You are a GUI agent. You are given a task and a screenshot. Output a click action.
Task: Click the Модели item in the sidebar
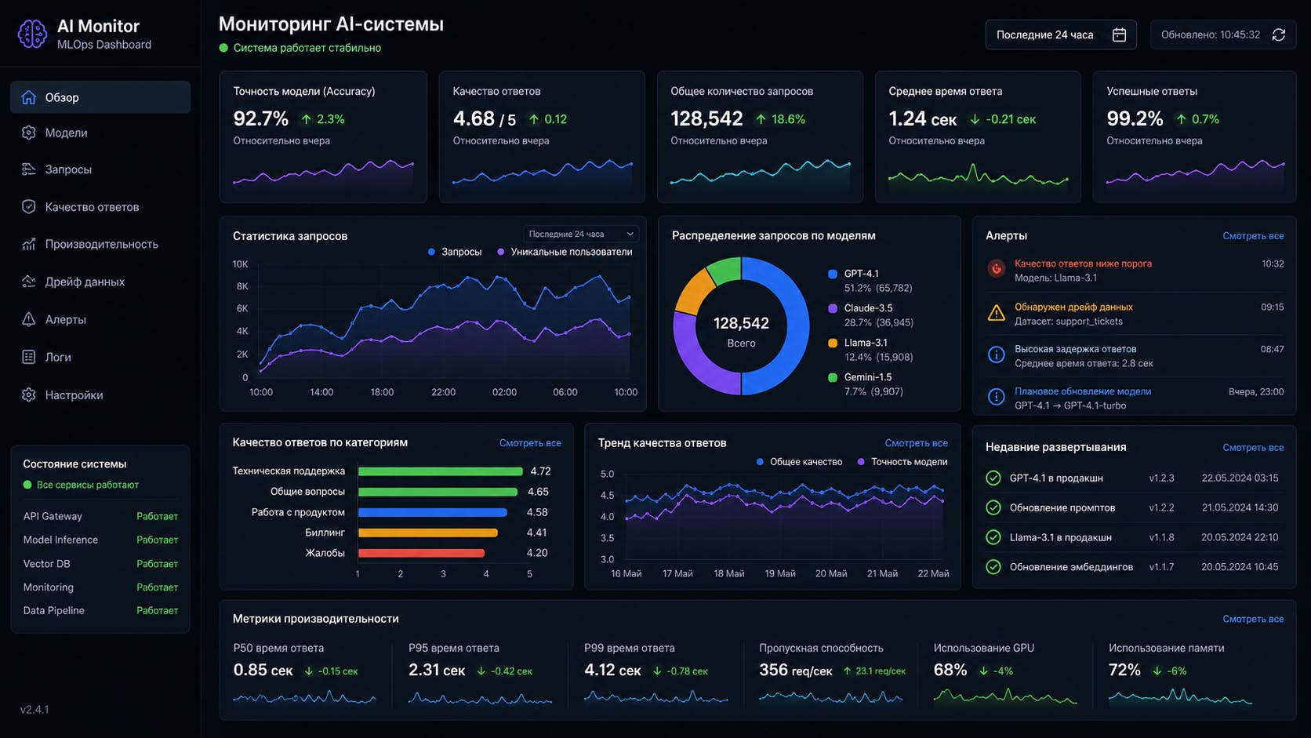click(66, 133)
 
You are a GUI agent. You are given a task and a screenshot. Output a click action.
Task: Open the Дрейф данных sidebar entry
click(85, 282)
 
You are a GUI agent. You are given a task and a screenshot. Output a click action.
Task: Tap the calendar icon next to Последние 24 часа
click(1118, 35)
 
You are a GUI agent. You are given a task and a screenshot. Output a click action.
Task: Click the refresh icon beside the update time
click(1279, 35)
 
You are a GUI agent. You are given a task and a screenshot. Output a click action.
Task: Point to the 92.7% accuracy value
click(260, 118)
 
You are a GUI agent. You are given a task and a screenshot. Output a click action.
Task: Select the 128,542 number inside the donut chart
click(741, 323)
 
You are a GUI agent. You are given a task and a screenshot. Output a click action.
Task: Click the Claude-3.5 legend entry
click(869, 308)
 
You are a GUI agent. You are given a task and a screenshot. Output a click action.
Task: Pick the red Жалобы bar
click(421, 553)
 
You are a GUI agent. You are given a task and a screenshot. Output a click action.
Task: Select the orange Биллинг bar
click(428, 533)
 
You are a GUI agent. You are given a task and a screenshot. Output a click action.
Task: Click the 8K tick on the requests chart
click(241, 286)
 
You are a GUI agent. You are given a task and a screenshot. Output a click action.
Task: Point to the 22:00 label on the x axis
click(443, 392)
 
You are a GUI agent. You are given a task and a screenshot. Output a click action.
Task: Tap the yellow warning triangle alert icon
click(996, 313)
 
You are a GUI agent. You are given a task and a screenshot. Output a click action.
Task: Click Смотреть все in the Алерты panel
click(1253, 236)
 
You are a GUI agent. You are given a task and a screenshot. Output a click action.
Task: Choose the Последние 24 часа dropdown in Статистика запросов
click(580, 234)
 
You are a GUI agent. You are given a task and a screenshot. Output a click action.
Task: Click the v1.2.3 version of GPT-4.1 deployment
click(1161, 478)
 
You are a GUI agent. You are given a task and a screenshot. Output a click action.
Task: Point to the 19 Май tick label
click(779, 573)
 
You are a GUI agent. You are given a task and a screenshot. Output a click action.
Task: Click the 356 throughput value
click(773, 670)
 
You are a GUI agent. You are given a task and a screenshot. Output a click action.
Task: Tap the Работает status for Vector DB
click(157, 564)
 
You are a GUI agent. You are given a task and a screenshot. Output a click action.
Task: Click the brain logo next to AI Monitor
click(32, 34)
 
